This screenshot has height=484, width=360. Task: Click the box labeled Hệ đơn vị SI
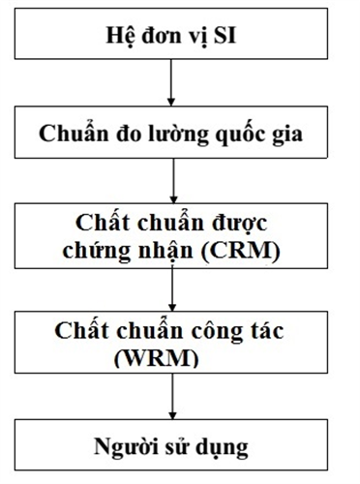(x=170, y=39)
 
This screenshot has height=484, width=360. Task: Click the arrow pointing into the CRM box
(x=170, y=180)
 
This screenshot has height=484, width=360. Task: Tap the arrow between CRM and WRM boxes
(x=170, y=287)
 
